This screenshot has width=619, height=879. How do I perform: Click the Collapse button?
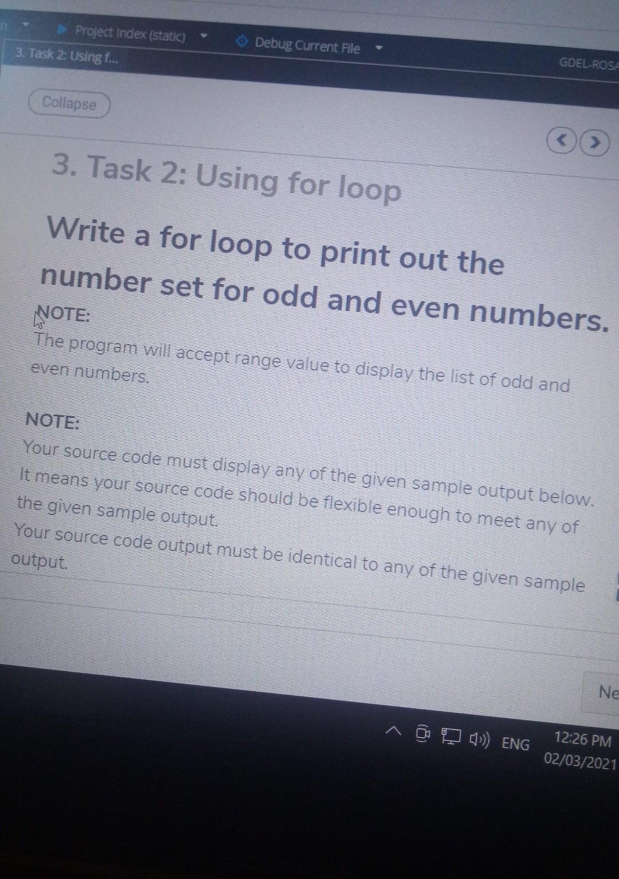(69, 104)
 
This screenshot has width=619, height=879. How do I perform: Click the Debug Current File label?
(307, 46)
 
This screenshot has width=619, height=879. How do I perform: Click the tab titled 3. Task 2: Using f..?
(67, 56)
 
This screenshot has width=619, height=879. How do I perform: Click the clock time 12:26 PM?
(583, 739)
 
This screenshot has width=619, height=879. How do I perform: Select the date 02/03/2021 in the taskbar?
(580, 761)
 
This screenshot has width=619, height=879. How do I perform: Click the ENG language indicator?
(515, 744)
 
